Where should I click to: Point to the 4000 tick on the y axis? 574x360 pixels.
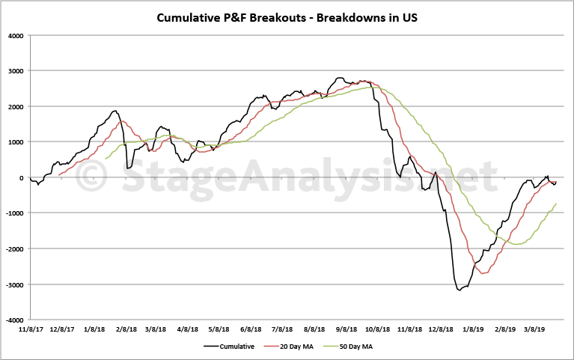pos(15,35)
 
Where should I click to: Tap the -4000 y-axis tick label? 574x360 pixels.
pos(13,320)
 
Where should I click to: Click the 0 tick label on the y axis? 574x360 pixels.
pos(22,177)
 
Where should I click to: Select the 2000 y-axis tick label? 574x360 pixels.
pos(15,106)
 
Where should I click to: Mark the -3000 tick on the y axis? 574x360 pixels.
pos(13,284)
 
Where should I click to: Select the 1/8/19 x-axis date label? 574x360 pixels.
pos(473,329)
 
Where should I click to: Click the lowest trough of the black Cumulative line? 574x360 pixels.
pos(459,290)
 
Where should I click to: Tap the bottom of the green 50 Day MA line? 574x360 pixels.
pos(516,244)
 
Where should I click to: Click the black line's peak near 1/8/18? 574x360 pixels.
pos(115,111)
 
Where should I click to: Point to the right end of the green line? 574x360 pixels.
pos(556,204)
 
